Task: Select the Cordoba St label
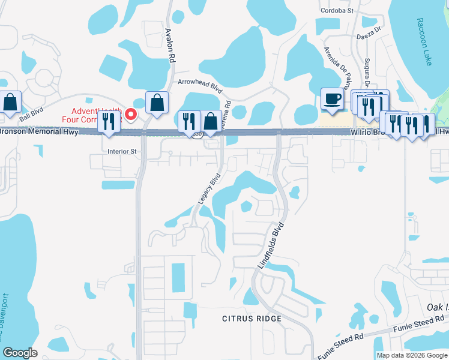click(338, 10)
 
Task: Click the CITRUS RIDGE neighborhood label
click(252, 318)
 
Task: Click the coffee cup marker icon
click(331, 99)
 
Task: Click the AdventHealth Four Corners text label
click(96, 115)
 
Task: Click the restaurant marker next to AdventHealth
click(109, 121)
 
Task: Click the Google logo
click(20, 353)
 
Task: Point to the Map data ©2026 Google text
click(412, 355)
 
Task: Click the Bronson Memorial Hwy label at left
click(38, 132)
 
